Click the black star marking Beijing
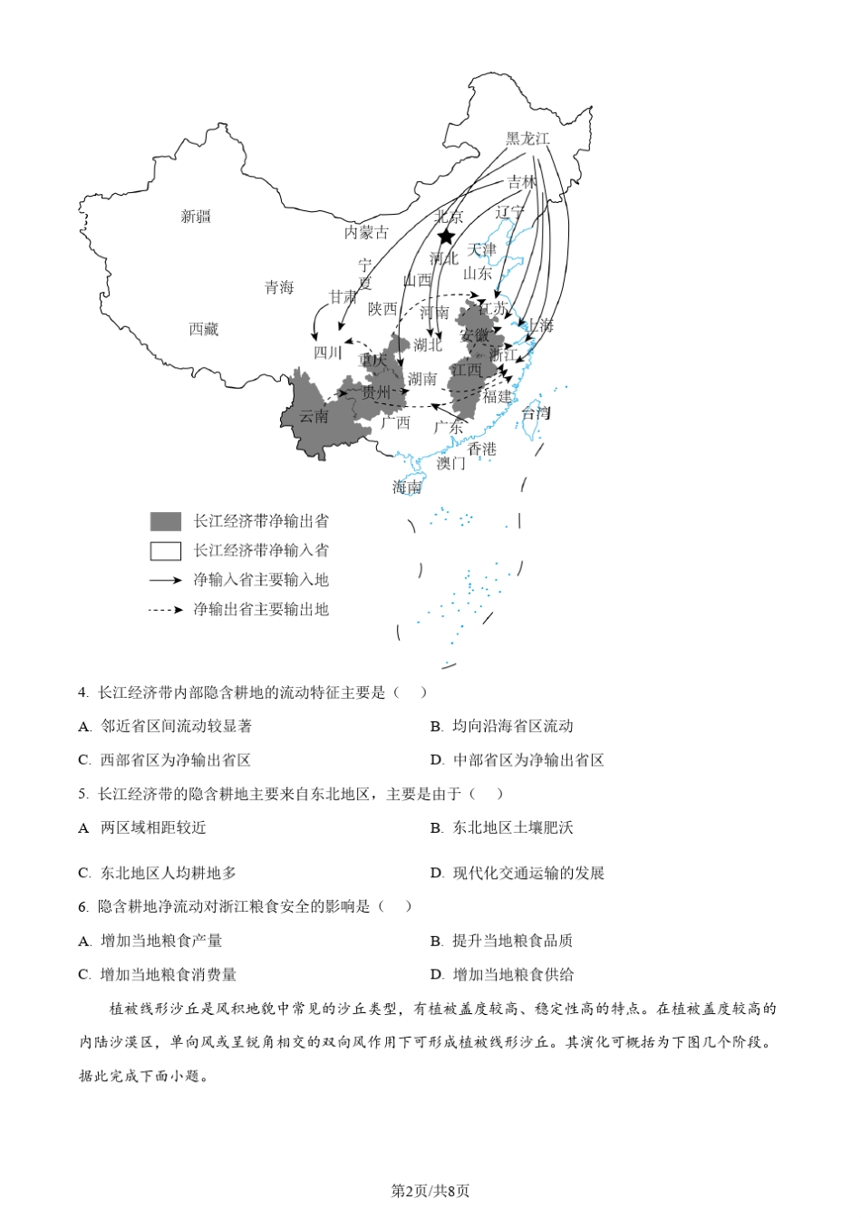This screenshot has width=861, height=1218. pos(446,237)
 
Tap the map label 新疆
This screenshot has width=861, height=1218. pos(196,217)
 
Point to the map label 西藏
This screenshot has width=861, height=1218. pos(204,329)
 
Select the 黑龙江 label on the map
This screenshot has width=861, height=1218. pos(527,139)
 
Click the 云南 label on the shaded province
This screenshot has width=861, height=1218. pos(314,417)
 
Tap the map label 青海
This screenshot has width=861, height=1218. pos(279,287)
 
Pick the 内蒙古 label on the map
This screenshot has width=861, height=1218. pos(366,232)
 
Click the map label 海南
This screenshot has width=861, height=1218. pos(407,488)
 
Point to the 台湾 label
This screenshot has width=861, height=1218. pos(536,413)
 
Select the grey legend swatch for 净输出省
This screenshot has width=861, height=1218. pos(166,521)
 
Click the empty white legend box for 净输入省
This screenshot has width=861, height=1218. pos(166,550)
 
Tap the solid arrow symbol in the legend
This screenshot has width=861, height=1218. pos(166,580)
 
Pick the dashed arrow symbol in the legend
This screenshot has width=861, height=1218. pos(166,610)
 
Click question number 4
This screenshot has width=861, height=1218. pos(82,693)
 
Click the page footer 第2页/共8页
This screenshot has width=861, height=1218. pos(430,1191)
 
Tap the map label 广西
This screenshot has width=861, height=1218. pos(395,422)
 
